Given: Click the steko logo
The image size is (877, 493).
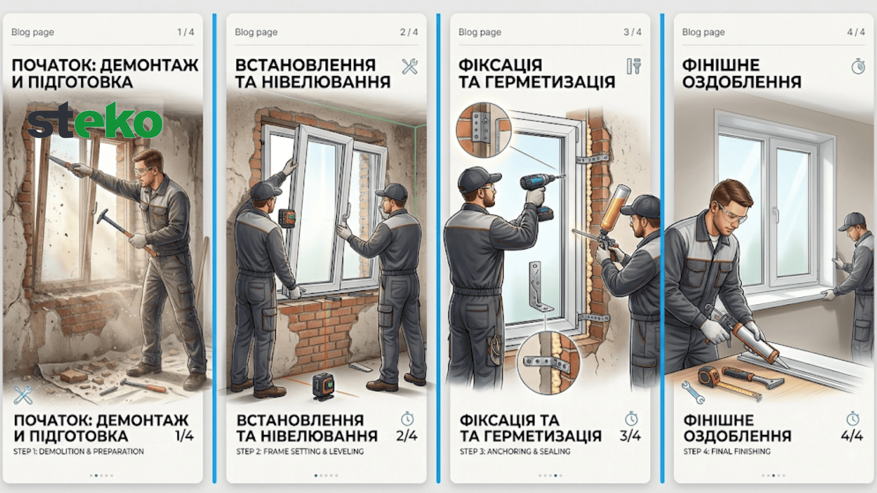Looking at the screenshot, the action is coord(95,120).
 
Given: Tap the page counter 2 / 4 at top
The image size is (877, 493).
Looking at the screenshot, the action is coord(409,32).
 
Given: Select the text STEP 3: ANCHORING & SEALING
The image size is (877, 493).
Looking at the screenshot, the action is coord(515,451).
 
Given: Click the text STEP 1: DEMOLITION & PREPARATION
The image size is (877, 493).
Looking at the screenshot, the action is coord(79,451).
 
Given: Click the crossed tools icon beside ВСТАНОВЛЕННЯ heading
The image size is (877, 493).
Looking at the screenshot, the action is coord(410,66).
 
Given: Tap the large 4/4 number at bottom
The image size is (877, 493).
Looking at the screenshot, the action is coord(852,435).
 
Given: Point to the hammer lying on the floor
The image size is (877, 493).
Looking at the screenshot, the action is coord(143,385).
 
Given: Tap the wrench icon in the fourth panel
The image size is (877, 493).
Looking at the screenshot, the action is coord(693,393).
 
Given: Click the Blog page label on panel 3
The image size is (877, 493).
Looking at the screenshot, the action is coord(480,32).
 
